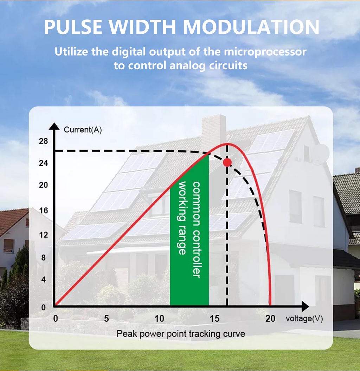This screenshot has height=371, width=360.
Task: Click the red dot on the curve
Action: coord(227,162)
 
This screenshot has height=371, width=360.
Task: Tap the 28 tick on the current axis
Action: coord(43,141)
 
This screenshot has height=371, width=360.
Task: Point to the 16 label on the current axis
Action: coord(43,210)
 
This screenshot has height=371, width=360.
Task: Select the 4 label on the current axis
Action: coord(43,280)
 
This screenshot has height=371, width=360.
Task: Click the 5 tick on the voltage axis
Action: coord(107,319)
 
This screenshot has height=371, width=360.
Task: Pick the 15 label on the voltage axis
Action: coord(214,319)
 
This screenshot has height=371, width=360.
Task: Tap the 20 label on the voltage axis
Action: coord(270,319)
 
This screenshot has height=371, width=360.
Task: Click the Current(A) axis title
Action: coord(83,130)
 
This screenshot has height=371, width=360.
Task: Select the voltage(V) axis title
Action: coord(304,319)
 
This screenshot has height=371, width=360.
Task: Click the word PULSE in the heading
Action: coord(73,27)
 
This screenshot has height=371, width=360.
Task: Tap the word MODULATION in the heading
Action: coord(251,27)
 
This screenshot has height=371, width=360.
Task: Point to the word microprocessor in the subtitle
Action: coord(265,52)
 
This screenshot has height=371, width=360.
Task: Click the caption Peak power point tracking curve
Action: coord(181,334)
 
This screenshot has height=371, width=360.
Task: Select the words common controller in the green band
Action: coord(197,230)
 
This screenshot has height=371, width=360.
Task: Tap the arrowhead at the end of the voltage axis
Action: coord(306,306)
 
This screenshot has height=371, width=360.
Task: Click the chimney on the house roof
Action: coord(214,131)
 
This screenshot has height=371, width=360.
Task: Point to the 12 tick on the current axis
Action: coord(43,235)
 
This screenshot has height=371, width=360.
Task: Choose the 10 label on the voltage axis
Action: coord(159,319)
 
